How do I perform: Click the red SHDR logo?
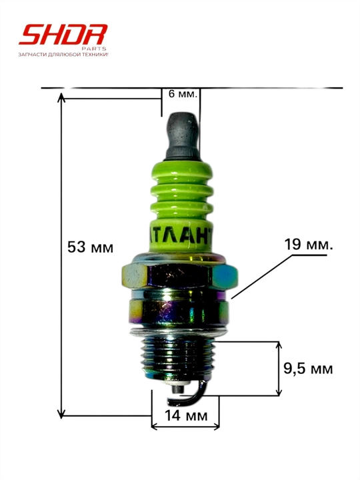(63, 34)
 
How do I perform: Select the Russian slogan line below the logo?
(63, 55)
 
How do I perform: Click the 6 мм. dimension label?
(182, 94)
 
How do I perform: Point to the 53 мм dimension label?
(90, 247)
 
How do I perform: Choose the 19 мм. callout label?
(309, 245)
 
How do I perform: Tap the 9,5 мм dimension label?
(308, 368)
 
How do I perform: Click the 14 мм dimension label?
(186, 415)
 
